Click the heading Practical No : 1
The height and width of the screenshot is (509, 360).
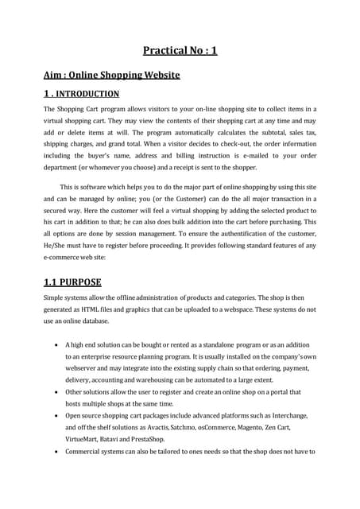point(180,51)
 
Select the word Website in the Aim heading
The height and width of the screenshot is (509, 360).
point(158,76)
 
